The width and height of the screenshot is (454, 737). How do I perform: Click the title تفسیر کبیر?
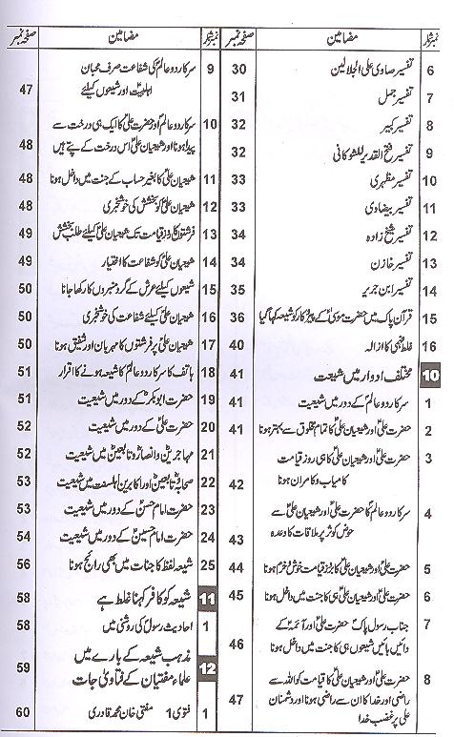[x=367, y=124]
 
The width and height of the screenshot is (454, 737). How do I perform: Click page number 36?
[x=240, y=317]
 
